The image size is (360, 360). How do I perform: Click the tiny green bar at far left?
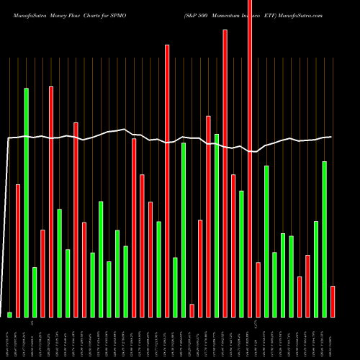point(10,314)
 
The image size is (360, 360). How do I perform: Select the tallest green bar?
point(27,202)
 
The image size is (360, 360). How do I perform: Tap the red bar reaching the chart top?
point(250,158)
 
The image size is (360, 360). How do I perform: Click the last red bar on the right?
point(333,301)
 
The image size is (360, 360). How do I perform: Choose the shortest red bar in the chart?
point(192,310)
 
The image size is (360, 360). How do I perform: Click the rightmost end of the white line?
point(331,137)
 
